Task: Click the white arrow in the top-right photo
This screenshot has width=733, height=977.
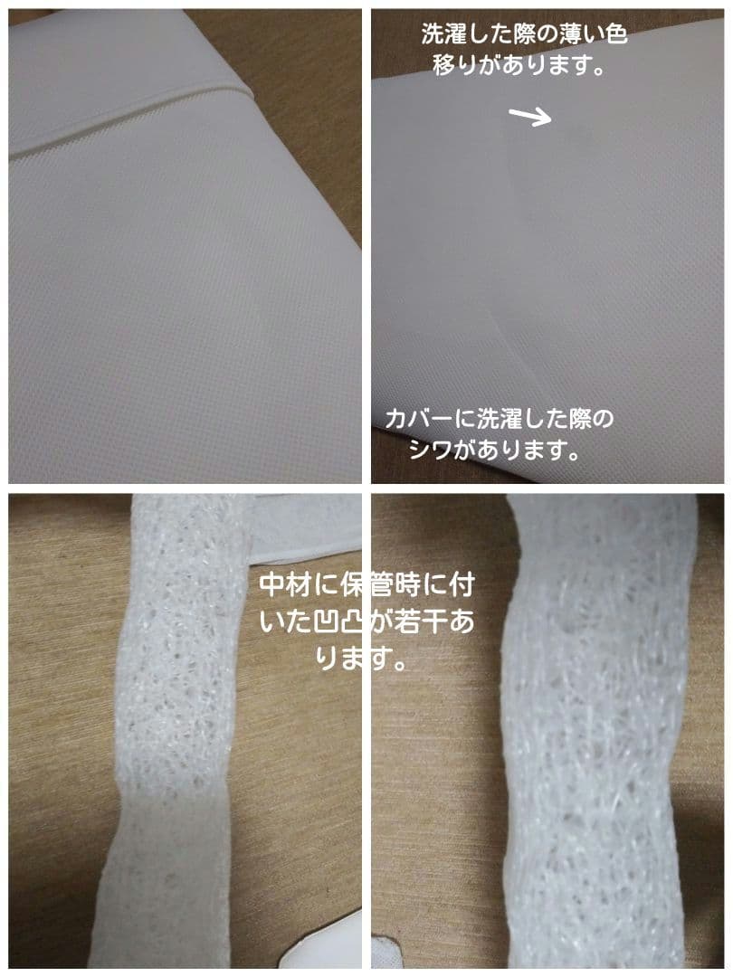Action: [530, 116]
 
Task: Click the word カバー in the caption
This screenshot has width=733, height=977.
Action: [418, 420]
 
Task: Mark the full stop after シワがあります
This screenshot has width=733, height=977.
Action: [572, 452]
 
